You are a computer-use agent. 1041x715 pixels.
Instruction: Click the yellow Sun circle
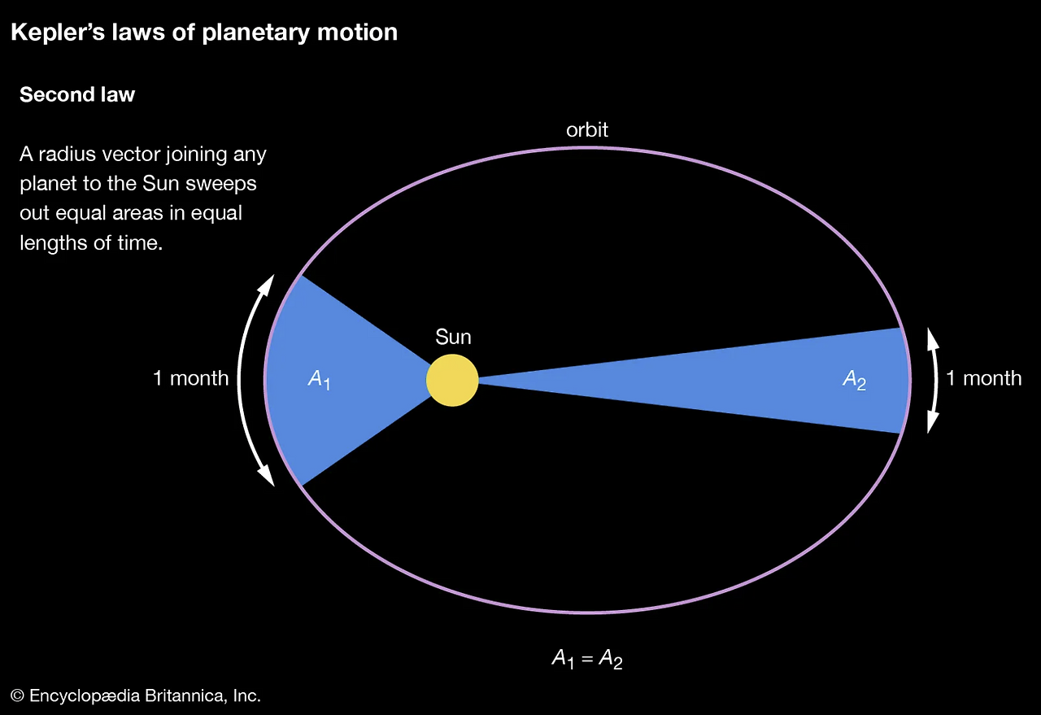(452, 380)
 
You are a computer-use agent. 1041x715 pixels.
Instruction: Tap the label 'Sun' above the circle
(453, 337)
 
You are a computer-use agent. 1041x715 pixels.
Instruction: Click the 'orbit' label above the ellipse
(586, 129)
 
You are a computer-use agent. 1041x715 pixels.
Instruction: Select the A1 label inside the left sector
(319, 379)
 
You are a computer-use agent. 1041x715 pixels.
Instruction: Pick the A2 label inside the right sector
(854, 380)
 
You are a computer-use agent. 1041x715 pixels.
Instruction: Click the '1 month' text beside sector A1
(191, 378)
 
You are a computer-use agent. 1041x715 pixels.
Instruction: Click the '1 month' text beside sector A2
(982, 378)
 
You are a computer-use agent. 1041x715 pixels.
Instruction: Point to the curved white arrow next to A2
(933, 380)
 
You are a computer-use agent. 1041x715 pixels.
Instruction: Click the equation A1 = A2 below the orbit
(586, 659)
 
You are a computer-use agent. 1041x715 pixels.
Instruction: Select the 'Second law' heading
(77, 95)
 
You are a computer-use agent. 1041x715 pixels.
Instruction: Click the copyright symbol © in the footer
(18, 696)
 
